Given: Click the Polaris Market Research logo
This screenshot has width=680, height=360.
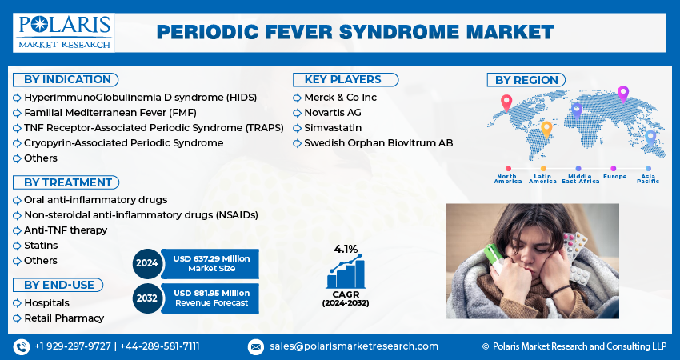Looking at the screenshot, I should click(x=63, y=32).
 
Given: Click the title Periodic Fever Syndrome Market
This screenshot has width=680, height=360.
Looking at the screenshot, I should click(x=354, y=32).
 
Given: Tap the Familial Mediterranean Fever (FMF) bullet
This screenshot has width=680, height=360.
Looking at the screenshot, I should click(x=110, y=112).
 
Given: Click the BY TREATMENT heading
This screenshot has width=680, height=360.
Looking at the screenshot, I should click(x=67, y=182).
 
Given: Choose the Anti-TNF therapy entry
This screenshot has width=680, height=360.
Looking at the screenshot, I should click(x=66, y=230).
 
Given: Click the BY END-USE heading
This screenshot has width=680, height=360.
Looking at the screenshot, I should click(x=58, y=285).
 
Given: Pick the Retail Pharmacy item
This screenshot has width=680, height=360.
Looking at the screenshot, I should click(x=64, y=318).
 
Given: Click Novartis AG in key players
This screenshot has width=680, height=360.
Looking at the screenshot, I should click(x=334, y=112).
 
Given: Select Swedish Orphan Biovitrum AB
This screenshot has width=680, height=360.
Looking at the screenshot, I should click(x=378, y=143).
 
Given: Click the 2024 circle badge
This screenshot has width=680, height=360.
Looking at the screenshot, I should click(x=146, y=263).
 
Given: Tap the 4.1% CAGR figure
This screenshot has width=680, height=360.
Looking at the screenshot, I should click(x=346, y=249).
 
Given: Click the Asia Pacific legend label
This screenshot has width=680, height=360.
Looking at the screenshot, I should click(x=648, y=178).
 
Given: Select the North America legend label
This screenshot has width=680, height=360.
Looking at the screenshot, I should click(x=508, y=178).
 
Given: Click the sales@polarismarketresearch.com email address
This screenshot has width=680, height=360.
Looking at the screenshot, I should click(x=353, y=346).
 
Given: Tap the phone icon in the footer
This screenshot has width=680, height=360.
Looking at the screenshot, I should click(x=22, y=346).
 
